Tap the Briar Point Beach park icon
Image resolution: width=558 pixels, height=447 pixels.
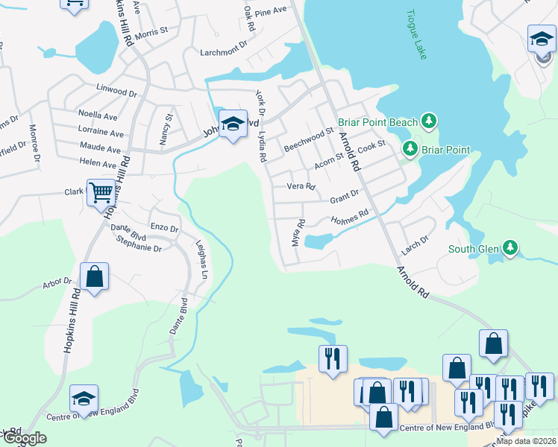coord(428,120)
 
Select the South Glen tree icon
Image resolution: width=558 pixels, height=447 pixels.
coord(510,248)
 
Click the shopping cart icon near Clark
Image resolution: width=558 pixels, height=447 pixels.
coord(101,193)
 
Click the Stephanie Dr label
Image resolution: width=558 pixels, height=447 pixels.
coord(139,248)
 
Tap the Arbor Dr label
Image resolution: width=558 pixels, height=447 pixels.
coord(57,282)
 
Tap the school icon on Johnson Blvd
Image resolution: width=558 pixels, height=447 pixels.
coord(233,125)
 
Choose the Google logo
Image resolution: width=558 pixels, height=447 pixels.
coord(24,439)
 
